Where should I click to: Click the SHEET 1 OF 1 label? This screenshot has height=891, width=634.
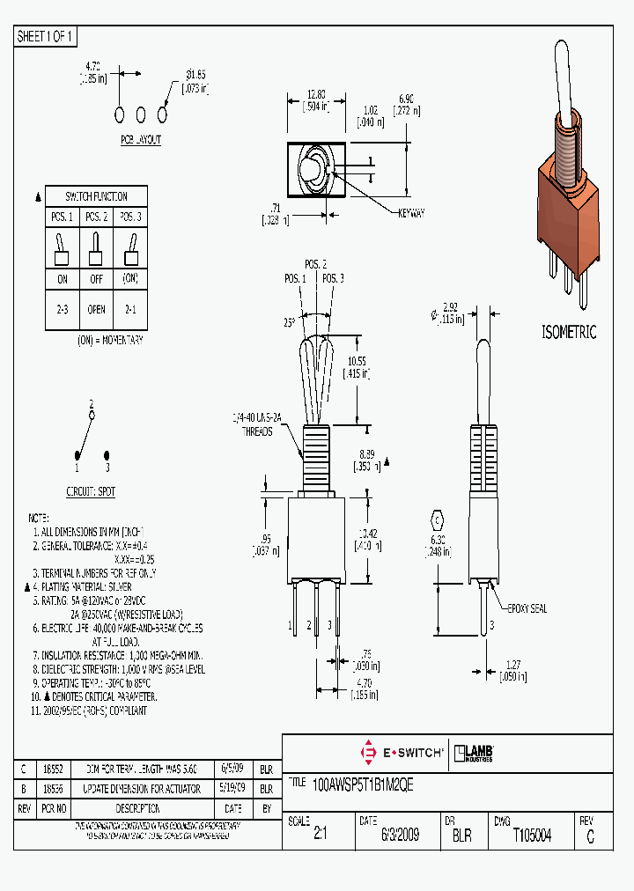click(x=46, y=37)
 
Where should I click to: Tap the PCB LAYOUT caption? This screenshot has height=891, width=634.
click(x=141, y=140)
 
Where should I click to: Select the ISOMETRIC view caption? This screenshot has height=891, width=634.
click(x=568, y=332)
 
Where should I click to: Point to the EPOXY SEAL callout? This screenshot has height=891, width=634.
click(x=527, y=608)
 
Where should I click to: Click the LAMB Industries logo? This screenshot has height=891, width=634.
click(x=472, y=753)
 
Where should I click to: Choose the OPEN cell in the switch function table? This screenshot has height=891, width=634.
click(x=97, y=309)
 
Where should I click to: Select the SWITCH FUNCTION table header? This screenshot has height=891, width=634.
click(x=97, y=196)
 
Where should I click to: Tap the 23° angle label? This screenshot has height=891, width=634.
click(x=291, y=323)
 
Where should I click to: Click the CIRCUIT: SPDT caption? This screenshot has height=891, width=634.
click(x=91, y=491)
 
